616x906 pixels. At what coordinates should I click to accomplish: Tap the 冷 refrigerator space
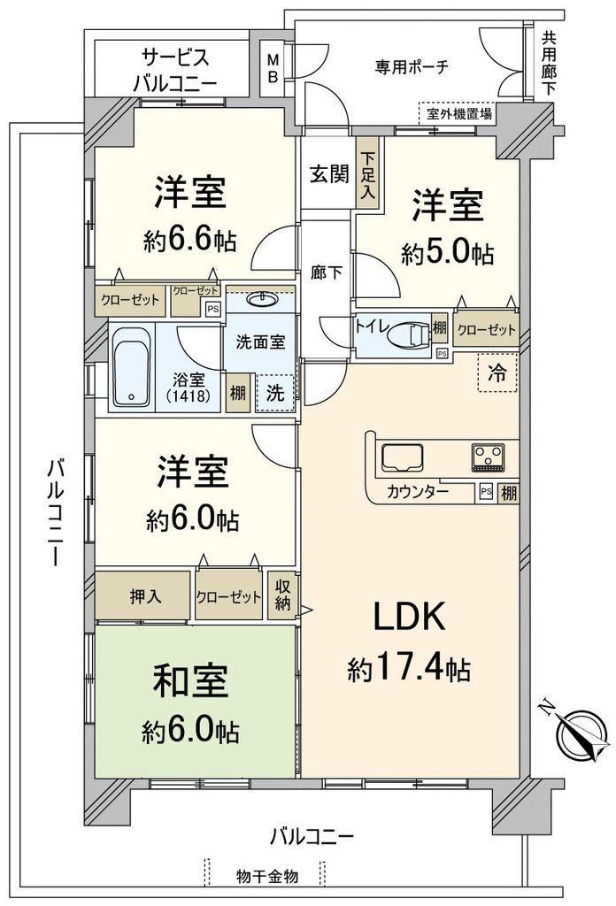tap(497, 372)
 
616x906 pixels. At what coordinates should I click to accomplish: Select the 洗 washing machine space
tap(275, 393)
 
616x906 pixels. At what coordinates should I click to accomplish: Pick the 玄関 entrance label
tap(329, 173)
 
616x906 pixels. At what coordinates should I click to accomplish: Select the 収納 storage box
tap(282, 595)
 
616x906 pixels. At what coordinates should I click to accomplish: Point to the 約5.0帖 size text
tap(447, 253)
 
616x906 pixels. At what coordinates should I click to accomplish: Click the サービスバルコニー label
tap(175, 71)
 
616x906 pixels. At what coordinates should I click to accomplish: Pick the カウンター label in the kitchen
tap(417, 492)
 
